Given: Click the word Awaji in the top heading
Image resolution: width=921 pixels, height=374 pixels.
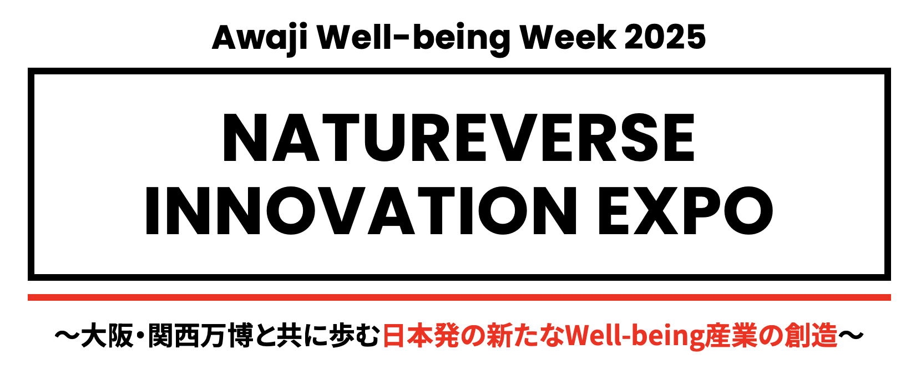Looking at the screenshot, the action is pos(260,39).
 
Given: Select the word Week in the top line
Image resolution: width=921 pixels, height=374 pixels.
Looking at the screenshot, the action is pos(568,37).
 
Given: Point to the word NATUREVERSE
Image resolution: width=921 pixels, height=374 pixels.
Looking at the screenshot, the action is pos(458,137).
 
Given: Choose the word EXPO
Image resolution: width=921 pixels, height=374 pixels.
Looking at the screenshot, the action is pos(685,211).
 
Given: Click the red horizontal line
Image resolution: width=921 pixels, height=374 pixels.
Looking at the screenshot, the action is pos(459,297).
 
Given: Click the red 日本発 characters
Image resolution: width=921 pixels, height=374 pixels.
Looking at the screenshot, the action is pos(421,336).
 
